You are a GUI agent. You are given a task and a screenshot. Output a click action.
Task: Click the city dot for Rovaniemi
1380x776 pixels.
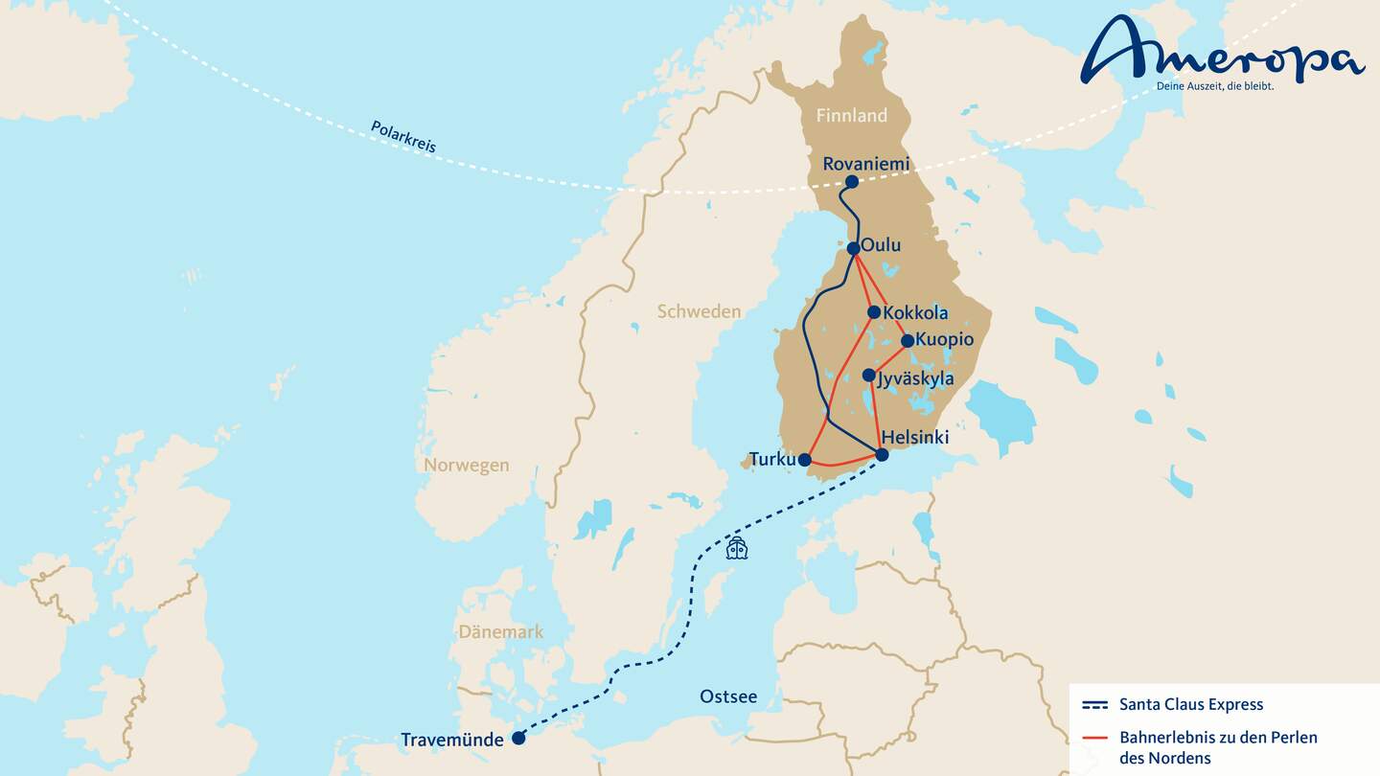tap(852, 182)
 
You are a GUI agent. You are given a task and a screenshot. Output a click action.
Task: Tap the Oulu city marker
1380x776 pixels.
tap(854, 248)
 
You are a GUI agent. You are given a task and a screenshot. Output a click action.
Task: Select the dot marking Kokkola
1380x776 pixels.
tap(874, 312)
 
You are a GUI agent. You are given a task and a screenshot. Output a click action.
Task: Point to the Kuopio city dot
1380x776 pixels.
tap(908, 340)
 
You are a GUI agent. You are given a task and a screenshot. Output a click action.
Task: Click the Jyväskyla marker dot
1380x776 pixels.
tap(868, 376)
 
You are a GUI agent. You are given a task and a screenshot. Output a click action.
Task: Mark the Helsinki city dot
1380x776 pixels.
tap(883, 454)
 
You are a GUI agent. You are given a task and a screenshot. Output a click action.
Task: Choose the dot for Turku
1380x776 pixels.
tap(805, 460)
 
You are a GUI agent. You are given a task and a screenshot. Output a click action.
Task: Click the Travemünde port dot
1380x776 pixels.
tap(518, 738)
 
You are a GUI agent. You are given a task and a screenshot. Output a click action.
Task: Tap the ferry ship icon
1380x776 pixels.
tap(736, 548)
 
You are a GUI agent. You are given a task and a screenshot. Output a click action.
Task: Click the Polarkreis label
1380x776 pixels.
tap(403, 137)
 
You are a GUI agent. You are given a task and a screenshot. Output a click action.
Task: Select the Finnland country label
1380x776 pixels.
tap(851, 116)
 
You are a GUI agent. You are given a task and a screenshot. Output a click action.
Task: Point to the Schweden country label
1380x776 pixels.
tap(699, 311)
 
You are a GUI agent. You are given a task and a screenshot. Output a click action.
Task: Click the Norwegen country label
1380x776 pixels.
tap(467, 466)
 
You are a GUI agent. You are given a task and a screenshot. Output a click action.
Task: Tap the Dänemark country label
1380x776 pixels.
tap(500, 632)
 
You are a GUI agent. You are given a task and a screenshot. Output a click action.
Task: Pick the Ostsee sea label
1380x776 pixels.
tap(728, 696)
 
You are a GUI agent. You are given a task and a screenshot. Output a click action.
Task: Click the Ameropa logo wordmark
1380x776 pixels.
tap(1222, 50)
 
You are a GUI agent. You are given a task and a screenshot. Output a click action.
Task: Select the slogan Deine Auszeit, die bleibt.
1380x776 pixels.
tap(1215, 86)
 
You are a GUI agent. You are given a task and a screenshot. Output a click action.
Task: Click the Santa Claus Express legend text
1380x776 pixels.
tap(1191, 705)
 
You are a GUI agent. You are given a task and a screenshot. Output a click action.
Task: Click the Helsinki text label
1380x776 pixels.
tap(915, 438)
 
